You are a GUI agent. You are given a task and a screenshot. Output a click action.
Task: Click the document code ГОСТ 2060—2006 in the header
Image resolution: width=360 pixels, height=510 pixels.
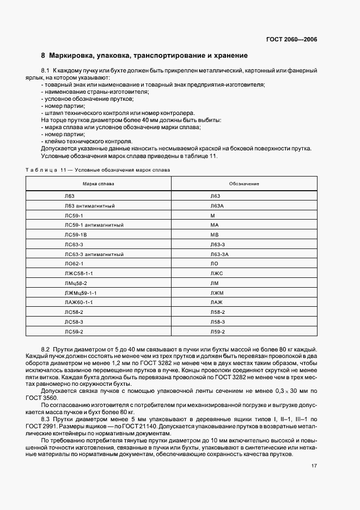click(x=291, y=39)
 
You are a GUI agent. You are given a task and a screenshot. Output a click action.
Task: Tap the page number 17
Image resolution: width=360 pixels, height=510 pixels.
click(x=314, y=466)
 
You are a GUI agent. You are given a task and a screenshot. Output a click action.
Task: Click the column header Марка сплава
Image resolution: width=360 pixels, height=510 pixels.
click(x=99, y=184)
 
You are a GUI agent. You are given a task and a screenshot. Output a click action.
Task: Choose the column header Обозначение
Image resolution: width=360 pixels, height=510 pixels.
click(x=244, y=184)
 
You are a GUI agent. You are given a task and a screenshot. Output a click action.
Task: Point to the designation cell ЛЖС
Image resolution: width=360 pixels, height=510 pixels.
click(x=216, y=274)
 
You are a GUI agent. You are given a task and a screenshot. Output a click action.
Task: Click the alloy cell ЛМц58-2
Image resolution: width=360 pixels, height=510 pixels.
click(x=76, y=283)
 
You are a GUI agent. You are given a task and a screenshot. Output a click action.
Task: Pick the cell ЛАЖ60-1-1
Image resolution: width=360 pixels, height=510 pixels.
click(x=79, y=302)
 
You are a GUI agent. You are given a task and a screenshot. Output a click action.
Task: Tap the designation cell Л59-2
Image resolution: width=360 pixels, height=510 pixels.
click(x=217, y=332)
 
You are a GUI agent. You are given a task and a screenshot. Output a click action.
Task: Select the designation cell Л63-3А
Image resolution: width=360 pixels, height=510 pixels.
click(x=219, y=254)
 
